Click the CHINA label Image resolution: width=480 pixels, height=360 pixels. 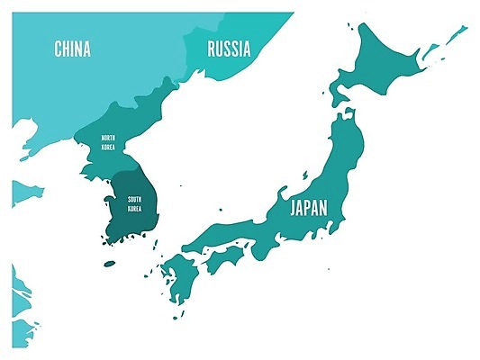pos(72,49)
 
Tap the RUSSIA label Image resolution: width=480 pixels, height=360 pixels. pos(229,49)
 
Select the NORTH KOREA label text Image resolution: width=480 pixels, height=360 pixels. pos(107,141)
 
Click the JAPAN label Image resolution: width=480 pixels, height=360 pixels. pos(308,209)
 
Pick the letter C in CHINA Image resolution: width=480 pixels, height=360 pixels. pos(58,49)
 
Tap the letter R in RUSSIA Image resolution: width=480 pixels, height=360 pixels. pos(212,49)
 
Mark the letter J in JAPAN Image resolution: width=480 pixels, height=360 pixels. pos(292,209)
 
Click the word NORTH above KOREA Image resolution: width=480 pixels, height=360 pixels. pos(107,138)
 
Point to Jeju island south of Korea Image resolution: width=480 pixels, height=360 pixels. pos(109,264)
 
